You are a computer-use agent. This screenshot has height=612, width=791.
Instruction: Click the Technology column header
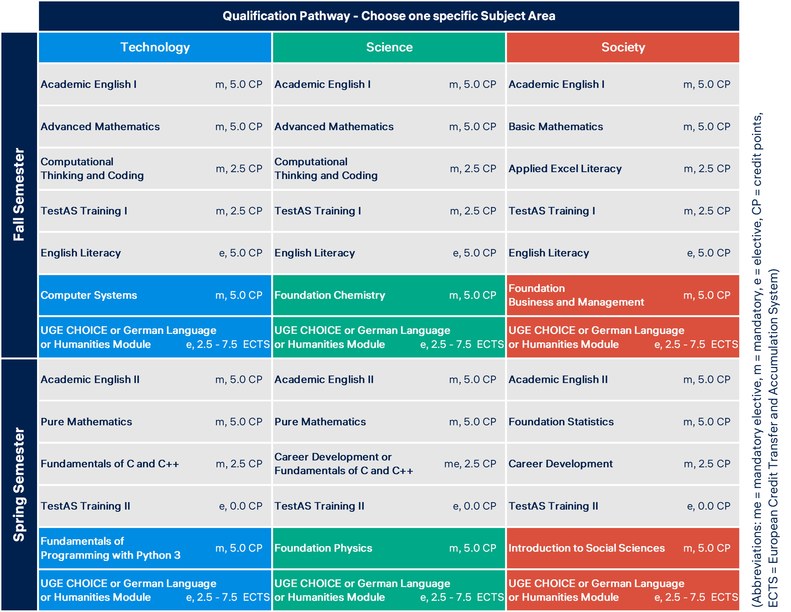(155, 47)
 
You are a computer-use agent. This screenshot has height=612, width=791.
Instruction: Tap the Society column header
(623, 47)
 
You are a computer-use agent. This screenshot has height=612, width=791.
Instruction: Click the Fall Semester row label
(19, 195)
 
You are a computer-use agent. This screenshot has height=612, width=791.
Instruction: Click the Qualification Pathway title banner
(389, 16)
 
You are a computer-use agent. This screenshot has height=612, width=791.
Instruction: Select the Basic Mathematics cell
(556, 127)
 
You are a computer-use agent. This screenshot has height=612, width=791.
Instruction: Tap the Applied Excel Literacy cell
(565, 169)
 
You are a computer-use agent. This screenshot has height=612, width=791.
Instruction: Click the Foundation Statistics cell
(561, 422)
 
